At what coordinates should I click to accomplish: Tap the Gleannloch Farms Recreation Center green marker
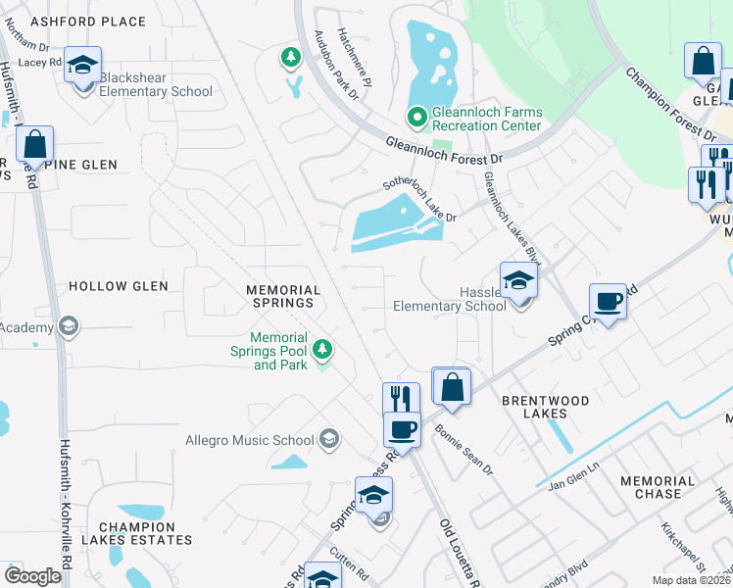[416, 118]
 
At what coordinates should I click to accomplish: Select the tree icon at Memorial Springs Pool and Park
[321, 349]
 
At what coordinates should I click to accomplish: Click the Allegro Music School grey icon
[328, 439]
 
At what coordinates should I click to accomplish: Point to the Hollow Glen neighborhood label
[119, 286]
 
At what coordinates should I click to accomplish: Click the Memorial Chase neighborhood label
[658, 487]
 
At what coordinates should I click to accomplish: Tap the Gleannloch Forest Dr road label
[443, 150]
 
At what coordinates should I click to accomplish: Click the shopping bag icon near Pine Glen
[34, 145]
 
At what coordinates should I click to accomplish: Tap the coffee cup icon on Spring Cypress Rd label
[608, 301]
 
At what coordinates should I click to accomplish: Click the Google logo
[33, 576]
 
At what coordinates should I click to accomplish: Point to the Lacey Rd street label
[39, 62]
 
